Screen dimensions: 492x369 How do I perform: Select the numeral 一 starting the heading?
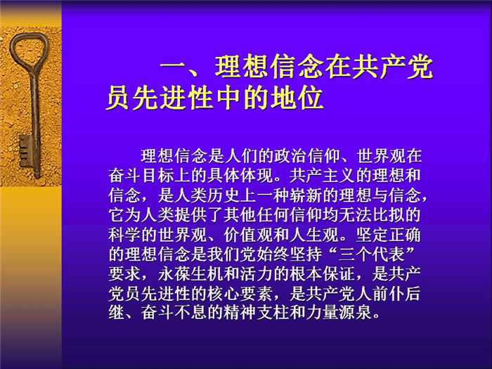point(174,67)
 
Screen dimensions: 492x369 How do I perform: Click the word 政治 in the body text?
point(290,156)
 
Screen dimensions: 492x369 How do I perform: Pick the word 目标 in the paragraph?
point(157,176)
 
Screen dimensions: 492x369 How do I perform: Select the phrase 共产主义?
point(323,176)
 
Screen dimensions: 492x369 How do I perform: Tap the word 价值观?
point(248,235)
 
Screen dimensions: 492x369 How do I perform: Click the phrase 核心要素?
point(240,294)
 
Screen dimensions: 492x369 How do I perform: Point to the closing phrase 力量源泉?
point(339,313)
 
